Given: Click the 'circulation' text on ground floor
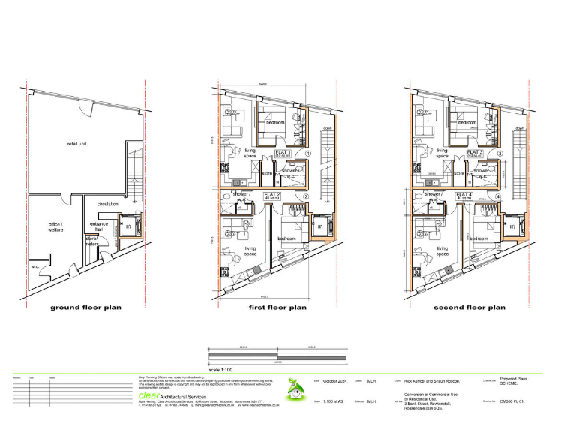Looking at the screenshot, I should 108,203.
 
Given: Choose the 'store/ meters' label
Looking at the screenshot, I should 93,240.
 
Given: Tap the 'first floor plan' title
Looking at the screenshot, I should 277,307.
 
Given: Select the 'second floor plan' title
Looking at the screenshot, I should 469,307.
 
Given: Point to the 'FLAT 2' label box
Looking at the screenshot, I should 273,196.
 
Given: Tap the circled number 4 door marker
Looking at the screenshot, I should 497,197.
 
